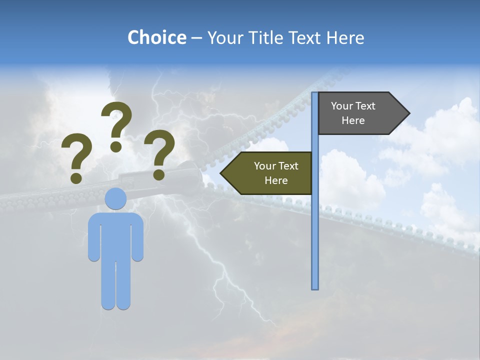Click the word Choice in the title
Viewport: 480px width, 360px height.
156,37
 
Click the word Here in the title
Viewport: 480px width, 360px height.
345,37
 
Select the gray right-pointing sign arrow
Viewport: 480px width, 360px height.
360,113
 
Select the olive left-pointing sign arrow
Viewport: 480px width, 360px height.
270,173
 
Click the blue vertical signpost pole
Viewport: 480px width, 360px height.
315,225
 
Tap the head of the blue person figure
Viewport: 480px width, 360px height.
116,198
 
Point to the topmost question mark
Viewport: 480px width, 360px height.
117,120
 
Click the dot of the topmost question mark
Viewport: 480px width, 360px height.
116,146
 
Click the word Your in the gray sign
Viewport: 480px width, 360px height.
342,106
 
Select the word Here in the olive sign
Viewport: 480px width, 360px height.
276,180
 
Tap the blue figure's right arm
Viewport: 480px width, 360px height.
137,237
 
